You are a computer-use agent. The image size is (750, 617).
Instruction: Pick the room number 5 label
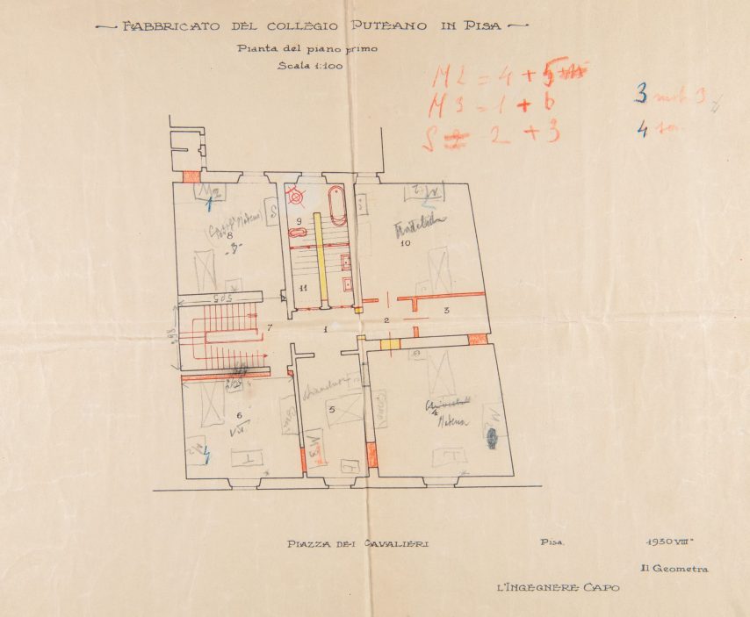pyautogui.click(x=331, y=409)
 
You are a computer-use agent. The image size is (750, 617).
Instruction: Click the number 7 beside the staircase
pyautogui.click(x=270, y=327)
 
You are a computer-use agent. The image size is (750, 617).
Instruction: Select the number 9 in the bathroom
pyautogui.click(x=299, y=220)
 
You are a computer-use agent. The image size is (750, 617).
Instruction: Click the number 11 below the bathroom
pyautogui.click(x=302, y=288)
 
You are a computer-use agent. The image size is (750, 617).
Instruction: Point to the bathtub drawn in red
pyautogui.click(x=337, y=205)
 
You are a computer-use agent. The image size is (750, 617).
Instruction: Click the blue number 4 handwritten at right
pyautogui.click(x=642, y=130)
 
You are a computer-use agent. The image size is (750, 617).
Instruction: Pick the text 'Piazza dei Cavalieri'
pyautogui.click(x=358, y=544)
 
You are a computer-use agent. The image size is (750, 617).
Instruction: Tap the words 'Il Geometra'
pyautogui.click(x=674, y=569)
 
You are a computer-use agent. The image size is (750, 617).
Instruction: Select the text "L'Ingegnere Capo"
pyautogui.click(x=557, y=587)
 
